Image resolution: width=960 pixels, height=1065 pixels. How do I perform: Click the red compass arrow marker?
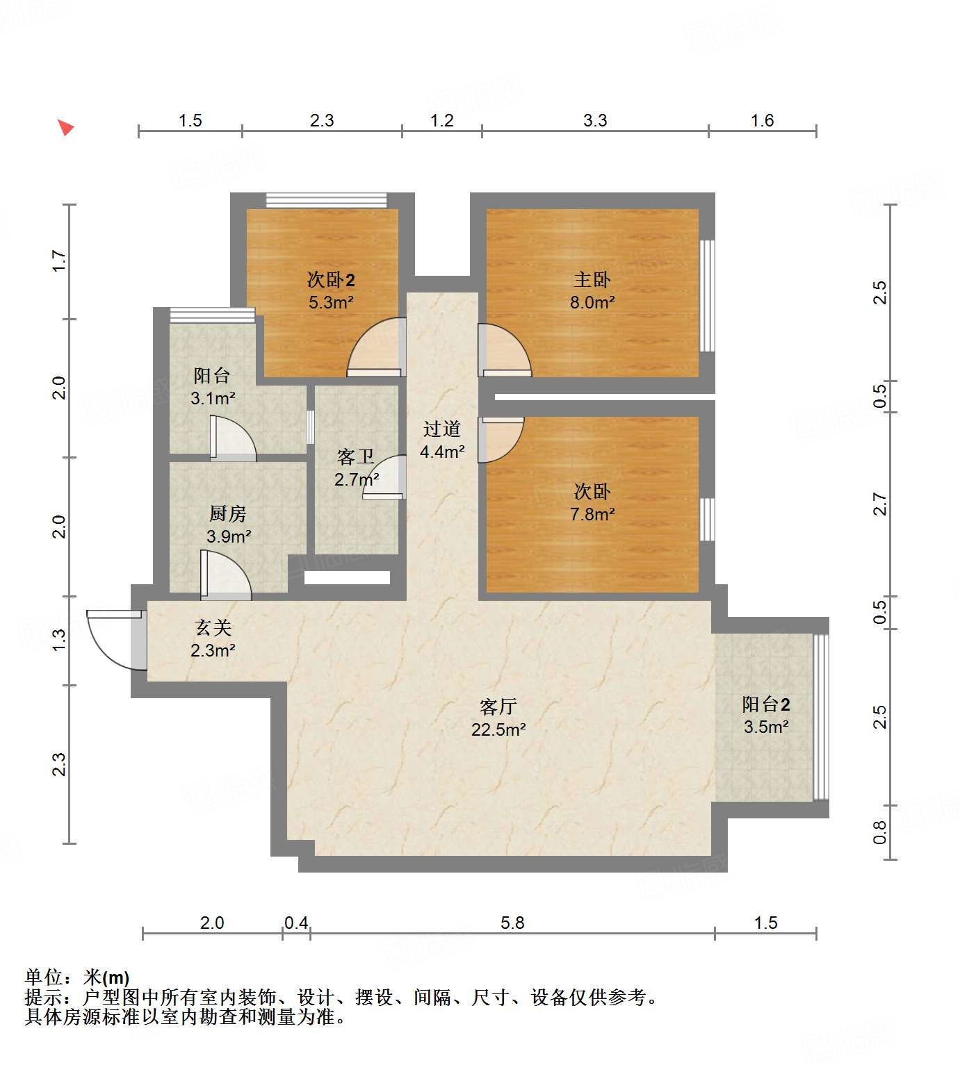65,128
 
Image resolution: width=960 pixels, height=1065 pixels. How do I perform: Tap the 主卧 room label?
592,280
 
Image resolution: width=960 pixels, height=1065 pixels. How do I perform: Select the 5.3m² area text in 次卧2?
331,303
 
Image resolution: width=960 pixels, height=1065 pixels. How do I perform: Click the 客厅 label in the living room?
498,707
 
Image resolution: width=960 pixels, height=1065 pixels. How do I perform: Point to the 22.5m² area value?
498,729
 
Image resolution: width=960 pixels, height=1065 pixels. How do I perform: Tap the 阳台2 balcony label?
765,704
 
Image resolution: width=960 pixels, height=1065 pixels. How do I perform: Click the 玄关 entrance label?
213,628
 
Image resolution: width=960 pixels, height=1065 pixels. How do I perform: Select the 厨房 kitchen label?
228,514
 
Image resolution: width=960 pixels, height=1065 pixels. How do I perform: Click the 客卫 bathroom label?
355,457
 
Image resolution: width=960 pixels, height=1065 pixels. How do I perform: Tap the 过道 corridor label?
442,429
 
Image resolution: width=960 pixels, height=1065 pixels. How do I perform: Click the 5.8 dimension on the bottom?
512,923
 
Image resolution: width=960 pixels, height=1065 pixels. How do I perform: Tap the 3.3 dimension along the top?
595,121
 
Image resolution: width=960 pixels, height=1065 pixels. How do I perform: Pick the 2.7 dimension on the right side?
880,504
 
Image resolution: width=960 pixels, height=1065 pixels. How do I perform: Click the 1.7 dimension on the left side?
60,261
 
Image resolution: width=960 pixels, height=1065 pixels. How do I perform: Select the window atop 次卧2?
326,200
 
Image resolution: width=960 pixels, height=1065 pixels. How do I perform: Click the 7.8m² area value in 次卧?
592,515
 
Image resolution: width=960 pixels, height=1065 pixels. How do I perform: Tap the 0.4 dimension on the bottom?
296,923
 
